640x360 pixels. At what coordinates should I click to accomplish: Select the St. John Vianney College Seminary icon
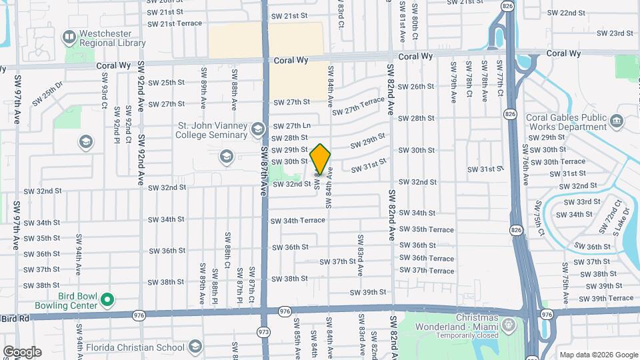pyautogui.click(x=258, y=128)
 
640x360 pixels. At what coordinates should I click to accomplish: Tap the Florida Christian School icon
pyautogui.click(x=195, y=347)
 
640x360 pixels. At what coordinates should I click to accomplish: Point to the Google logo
pyautogui.click(x=22, y=351)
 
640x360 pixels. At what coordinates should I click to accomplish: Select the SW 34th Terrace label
pyautogui.click(x=298, y=221)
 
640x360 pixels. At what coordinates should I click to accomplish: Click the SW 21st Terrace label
pyautogui.click(x=175, y=24)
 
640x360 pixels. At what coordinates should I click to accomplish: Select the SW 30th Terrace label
pyautogui.click(x=564, y=162)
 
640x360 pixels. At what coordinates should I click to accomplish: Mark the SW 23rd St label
pyautogui.click(x=613, y=33)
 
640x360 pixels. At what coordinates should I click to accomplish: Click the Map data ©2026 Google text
pyautogui.click(x=598, y=355)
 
